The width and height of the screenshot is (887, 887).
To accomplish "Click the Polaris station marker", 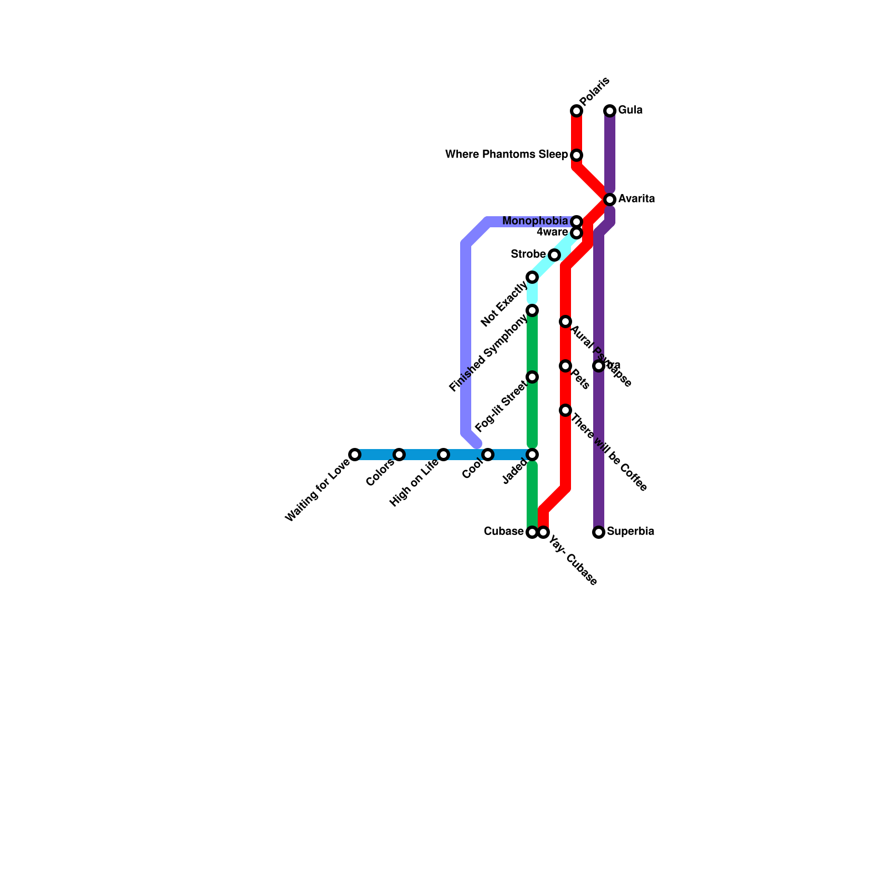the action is tap(577, 111).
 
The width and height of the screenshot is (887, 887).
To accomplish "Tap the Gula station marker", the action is tap(610, 111).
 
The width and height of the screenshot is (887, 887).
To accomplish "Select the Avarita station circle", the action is tap(610, 200).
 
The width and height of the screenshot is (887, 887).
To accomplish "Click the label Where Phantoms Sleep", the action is tap(507, 155).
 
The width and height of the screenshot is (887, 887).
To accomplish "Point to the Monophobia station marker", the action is tap(577, 222).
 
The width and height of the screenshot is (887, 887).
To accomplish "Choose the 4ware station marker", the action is tap(577, 233).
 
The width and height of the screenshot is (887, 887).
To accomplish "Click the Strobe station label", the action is tap(528, 254).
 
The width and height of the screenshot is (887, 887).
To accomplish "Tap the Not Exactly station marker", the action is tap(532, 277).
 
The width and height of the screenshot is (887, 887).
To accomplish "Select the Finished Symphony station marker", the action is tap(532, 310).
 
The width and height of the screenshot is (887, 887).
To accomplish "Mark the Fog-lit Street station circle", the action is tap(532, 378).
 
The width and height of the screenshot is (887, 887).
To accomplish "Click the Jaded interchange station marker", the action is tap(532, 455).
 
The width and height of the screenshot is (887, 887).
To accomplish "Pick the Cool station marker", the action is tap(488, 455).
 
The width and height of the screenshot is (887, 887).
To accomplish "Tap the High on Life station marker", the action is tap(443, 455).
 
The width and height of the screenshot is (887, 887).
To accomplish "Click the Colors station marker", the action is tap(399, 455).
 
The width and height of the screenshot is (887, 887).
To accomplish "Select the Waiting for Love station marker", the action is tap(355, 455).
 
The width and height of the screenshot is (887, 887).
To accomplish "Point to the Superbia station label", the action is tap(630, 532).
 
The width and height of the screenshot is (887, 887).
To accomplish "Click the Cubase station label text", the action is tap(503, 532).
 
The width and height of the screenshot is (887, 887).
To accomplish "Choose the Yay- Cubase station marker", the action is tap(543, 533).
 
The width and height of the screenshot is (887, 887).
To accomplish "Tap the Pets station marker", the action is tap(565, 366).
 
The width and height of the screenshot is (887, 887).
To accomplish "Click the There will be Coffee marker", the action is tap(565, 410).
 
